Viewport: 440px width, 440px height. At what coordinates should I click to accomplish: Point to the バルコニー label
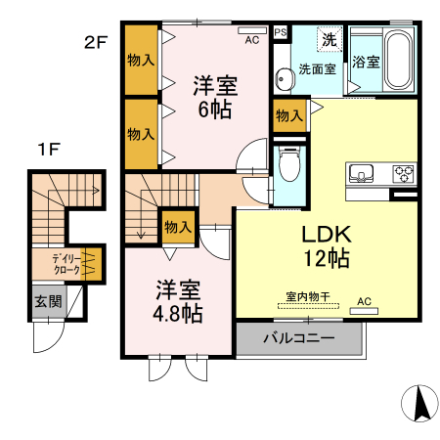pyautogui.click(x=299, y=339)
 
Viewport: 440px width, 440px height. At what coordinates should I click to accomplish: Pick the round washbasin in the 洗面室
pyautogui.click(x=283, y=79)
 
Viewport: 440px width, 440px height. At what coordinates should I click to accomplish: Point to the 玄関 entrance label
pyautogui.click(x=46, y=301)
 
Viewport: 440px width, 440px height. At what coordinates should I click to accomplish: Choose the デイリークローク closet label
pyautogui.click(x=66, y=262)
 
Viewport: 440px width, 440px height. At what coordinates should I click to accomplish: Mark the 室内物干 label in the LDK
pyautogui.click(x=308, y=295)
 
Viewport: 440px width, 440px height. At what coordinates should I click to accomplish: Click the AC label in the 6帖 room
pyautogui.click(x=252, y=40)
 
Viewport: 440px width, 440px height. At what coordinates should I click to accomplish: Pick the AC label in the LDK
pyautogui.click(x=365, y=300)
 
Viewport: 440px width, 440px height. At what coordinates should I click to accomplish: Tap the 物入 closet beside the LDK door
pyautogui.click(x=288, y=115)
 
